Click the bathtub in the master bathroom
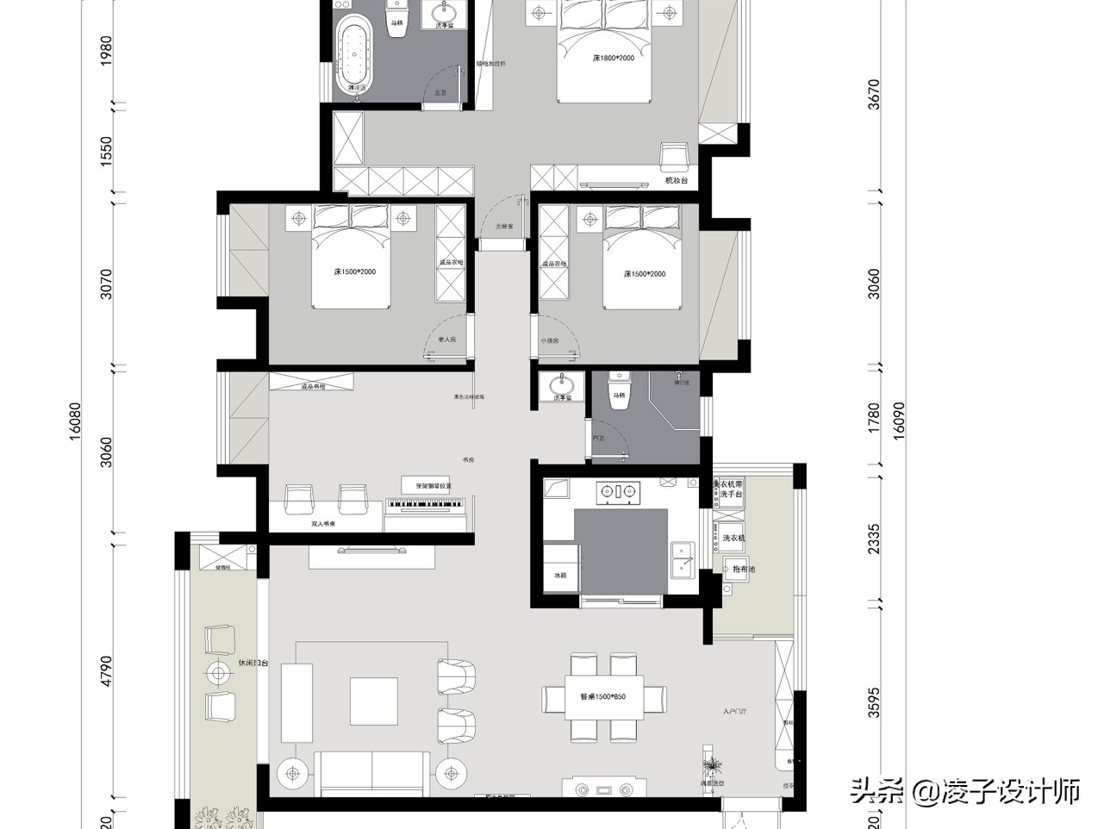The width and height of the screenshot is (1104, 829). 352,56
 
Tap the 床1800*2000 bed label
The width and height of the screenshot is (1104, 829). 613,58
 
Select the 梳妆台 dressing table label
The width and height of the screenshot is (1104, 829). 677,181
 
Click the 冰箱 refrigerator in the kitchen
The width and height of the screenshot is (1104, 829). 560,573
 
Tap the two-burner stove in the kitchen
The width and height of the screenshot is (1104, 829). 620,492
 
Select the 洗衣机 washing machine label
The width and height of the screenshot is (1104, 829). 733,539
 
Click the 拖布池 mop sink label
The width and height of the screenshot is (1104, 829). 742,570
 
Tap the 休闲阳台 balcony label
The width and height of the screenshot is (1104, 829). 253,664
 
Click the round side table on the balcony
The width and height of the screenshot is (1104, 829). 218,673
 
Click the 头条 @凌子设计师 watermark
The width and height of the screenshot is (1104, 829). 965,790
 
